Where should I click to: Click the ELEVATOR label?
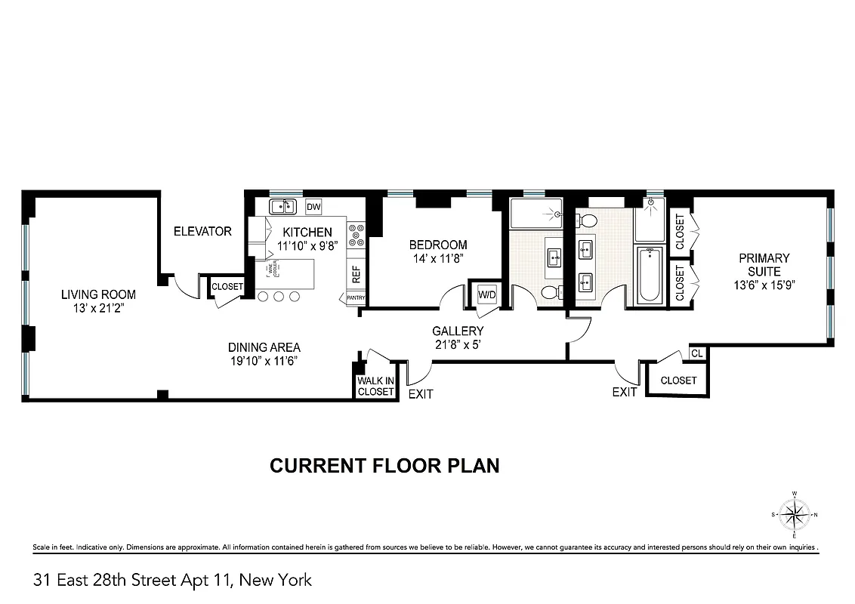[202, 231]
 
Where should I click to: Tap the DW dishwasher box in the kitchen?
[313, 207]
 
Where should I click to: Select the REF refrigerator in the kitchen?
[357, 273]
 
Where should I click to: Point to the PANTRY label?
[356, 298]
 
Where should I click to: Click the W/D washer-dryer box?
[486, 294]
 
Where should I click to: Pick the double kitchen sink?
[284, 206]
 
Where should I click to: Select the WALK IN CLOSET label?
[375, 386]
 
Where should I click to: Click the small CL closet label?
[696, 353]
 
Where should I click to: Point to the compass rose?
[794, 516]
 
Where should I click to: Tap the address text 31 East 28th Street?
[172, 580]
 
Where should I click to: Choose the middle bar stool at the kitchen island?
[279, 297]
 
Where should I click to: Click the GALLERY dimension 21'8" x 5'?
[458, 344]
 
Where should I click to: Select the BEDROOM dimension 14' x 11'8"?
[438, 258]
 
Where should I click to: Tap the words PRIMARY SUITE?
[764, 264]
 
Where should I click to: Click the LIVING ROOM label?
[98, 294]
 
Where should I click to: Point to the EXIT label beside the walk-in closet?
[421, 394]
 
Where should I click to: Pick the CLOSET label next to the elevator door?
[227, 287]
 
